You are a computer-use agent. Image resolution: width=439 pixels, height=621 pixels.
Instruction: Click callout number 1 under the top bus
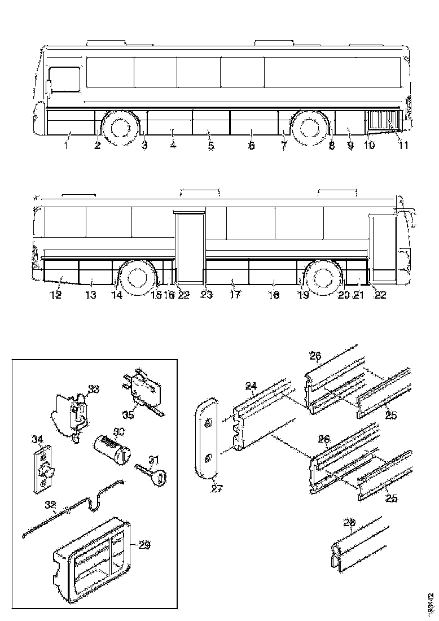pyautogui.click(x=65, y=146)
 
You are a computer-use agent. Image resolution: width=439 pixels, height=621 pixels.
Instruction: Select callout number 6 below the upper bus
pyautogui.click(x=251, y=146)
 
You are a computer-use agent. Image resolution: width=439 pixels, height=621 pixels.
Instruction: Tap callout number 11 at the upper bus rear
pyautogui.click(x=404, y=146)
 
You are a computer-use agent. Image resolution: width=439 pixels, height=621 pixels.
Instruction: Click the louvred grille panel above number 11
pyautogui.click(x=384, y=120)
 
